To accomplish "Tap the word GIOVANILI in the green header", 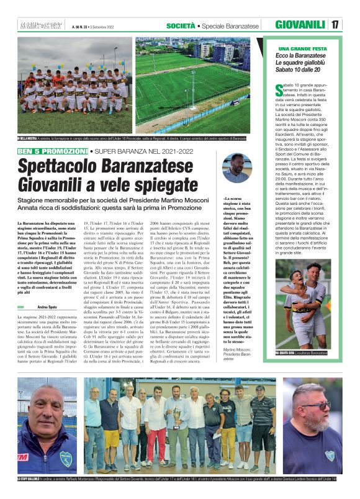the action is (300, 25).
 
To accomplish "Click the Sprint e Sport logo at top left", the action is (39, 25).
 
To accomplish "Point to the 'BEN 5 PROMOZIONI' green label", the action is (52, 151).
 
